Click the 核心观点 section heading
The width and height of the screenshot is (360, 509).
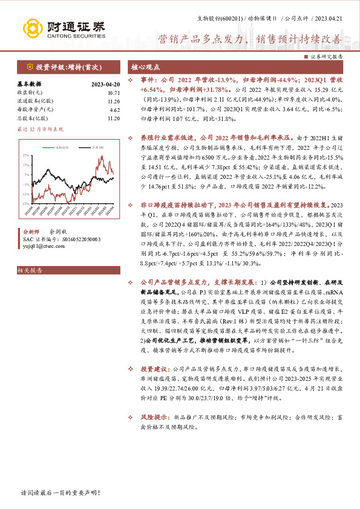point(145,67)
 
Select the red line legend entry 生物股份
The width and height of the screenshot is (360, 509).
point(62,147)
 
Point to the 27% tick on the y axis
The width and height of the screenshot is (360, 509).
point(25,155)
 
